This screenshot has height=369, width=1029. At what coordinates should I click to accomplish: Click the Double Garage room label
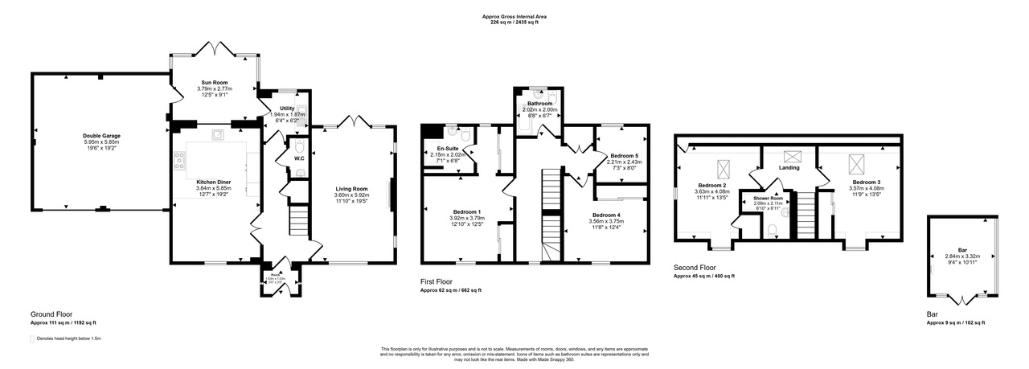point(100,136)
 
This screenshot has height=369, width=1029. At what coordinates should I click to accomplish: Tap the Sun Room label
point(213,82)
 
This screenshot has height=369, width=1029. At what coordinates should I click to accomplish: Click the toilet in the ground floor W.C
point(298,147)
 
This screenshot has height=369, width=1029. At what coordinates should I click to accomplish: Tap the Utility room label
point(287,108)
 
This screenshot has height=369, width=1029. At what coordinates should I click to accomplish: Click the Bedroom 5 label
point(624,155)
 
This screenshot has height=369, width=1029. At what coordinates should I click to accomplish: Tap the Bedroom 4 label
point(608,215)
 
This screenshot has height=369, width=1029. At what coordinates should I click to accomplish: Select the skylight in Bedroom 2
point(723,170)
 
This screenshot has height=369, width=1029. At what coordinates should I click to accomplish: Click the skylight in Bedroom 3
point(856,166)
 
